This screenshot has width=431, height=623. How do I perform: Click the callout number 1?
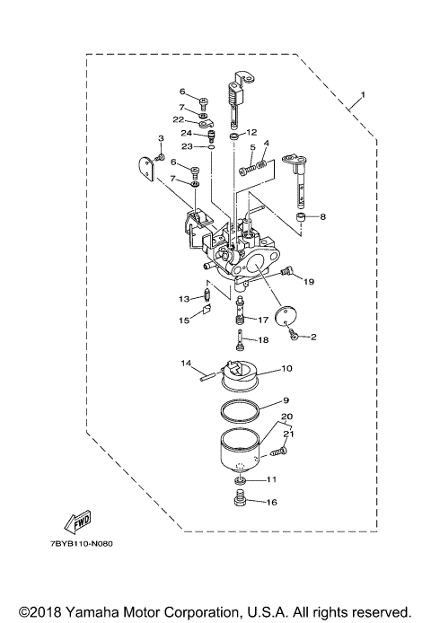pyautogui.click(x=363, y=94)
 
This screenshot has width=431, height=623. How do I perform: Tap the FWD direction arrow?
pyautogui.click(x=77, y=522)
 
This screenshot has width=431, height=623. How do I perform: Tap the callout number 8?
pyautogui.click(x=323, y=216)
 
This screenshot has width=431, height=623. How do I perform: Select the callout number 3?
pyautogui.click(x=161, y=138)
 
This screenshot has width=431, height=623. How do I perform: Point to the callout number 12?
pyautogui.click(x=252, y=133)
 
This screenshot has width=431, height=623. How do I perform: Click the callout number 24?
pyautogui.click(x=186, y=133)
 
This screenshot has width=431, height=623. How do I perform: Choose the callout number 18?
pyautogui.click(x=263, y=340)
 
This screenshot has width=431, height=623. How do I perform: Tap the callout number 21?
pyautogui.click(x=289, y=434)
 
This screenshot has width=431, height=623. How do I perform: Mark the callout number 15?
pyautogui.click(x=182, y=320)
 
